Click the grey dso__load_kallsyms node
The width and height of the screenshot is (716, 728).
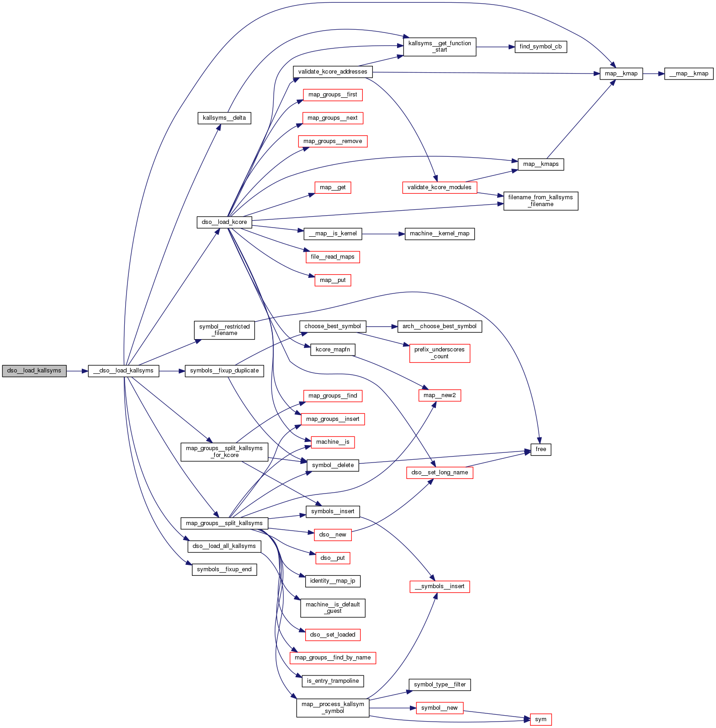pyautogui.click(x=34, y=371)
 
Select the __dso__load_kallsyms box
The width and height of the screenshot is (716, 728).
pyautogui.click(x=123, y=371)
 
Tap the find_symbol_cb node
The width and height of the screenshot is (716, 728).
pyautogui.click(x=541, y=47)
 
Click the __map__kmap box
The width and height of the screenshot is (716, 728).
pyautogui.click(x=689, y=74)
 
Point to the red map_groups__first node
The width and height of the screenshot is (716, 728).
pyautogui.click(x=333, y=95)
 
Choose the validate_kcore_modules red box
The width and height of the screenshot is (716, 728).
pyautogui.click(x=440, y=187)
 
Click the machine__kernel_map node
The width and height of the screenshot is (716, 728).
pyautogui.click(x=440, y=234)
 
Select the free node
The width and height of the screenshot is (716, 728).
pyautogui.click(x=541, y=449)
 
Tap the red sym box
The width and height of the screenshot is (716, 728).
pyautogui.click(x=541, y=719)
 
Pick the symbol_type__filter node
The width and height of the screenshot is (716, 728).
pyautogui.click(x=440, y=685)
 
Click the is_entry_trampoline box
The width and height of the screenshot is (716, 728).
pyautogui.click(x=333, y=681)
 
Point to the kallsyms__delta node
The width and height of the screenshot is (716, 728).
pyautogui.click(x=224, y=118)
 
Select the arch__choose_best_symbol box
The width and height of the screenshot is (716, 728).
pyautogui.click(x=440, y=326)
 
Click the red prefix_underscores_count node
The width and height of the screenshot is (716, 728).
pyautogui.click(x=440, y=353)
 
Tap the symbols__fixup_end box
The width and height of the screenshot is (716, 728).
pyautogui.click(x=224, y=569)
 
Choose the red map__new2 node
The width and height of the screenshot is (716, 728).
pyautogui.click(x=440, y=395)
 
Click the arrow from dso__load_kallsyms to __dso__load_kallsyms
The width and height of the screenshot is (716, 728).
pyautogui.click(x=77, y=371)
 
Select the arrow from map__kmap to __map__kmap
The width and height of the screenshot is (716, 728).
pyautogui.click(x=653, y=74)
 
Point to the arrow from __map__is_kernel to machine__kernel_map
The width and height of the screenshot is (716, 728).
pyautogui.click(x=383, y=234)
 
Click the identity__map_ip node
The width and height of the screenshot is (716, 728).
pyautogui.click(x=333, y=581)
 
